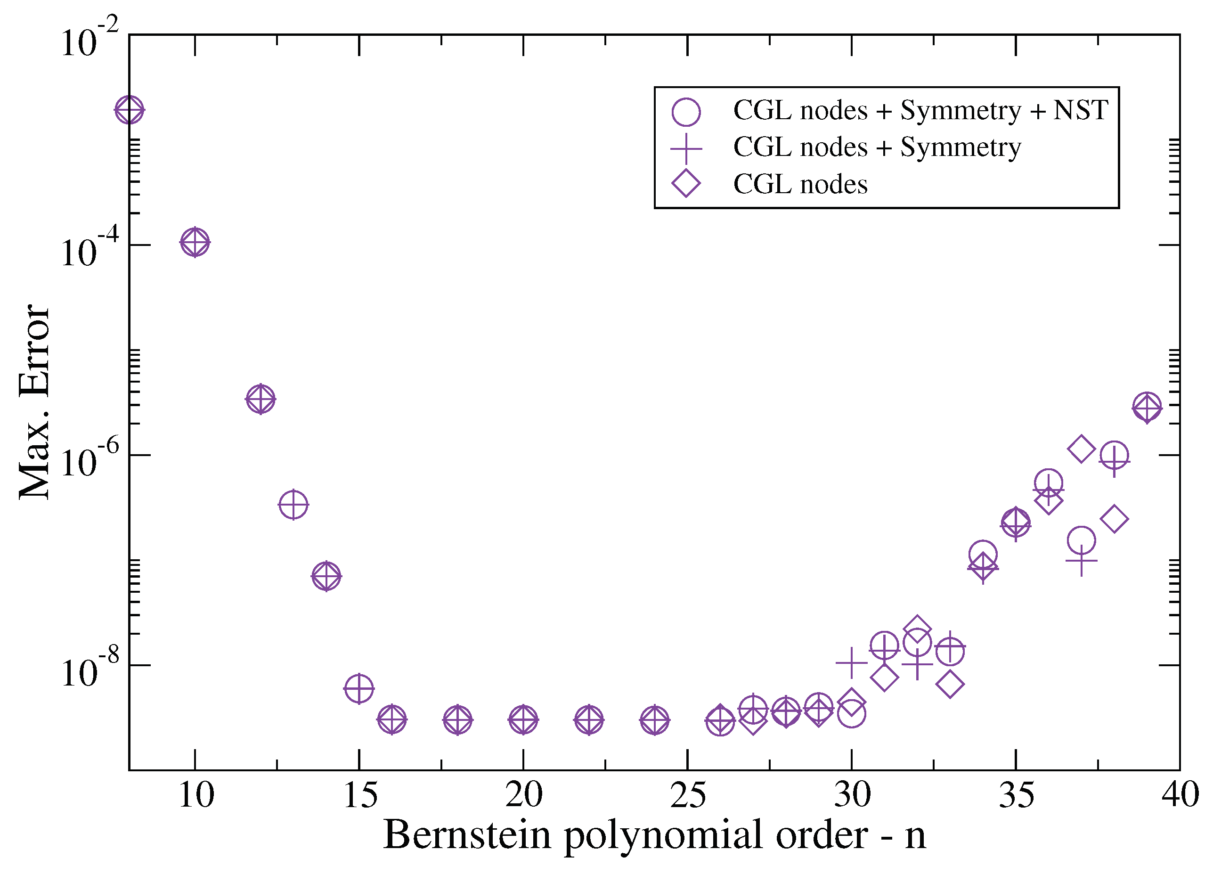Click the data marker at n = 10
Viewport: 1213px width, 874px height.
195,242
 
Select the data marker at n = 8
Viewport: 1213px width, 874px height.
130,110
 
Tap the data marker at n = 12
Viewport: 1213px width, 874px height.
261,399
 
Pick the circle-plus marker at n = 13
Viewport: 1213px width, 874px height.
293,505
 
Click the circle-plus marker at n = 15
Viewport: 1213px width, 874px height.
359,688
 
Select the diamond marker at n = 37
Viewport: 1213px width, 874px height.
1082,449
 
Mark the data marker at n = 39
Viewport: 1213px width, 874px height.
1147,408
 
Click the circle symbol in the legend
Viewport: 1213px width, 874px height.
686,112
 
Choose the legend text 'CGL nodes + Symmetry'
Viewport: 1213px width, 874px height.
877,147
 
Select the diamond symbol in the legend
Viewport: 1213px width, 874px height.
686,183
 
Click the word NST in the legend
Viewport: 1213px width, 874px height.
1080,110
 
